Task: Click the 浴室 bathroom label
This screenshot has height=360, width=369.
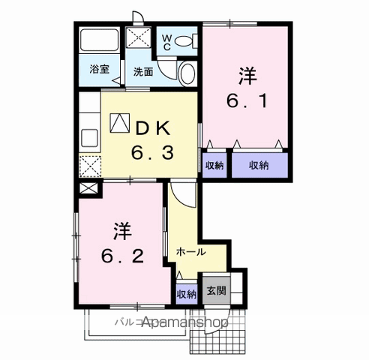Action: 99,70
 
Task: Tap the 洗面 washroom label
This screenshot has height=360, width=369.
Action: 143,72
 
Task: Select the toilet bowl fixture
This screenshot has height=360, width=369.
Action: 187,73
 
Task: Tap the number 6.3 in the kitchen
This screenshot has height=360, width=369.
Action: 153,153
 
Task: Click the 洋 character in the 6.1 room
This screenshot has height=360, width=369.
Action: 247,76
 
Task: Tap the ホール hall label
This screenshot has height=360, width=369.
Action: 190,252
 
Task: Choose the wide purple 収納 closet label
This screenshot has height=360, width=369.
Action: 260,164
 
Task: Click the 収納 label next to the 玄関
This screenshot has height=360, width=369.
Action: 187,293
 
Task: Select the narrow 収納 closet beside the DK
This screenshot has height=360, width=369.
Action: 213,164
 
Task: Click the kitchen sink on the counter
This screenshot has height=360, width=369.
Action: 89,138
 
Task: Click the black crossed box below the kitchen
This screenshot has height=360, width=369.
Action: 88,189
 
